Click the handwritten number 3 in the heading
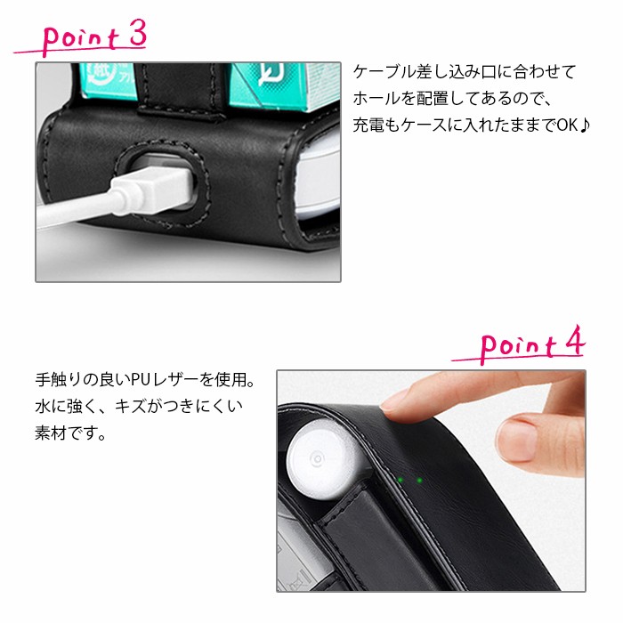137,33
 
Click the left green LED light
400,480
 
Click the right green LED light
419,481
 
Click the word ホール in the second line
376,99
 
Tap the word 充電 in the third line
368,125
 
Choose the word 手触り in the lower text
58,380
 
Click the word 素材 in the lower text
51,433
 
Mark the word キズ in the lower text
130,407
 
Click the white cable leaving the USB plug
76,211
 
